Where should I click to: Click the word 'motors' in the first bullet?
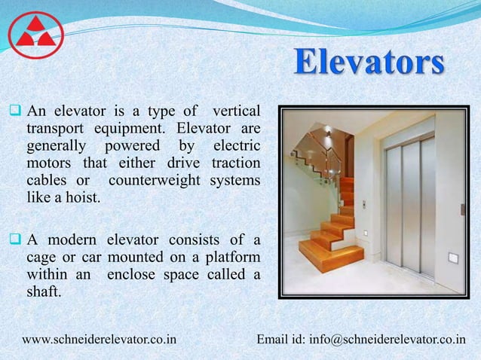[51, 164]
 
